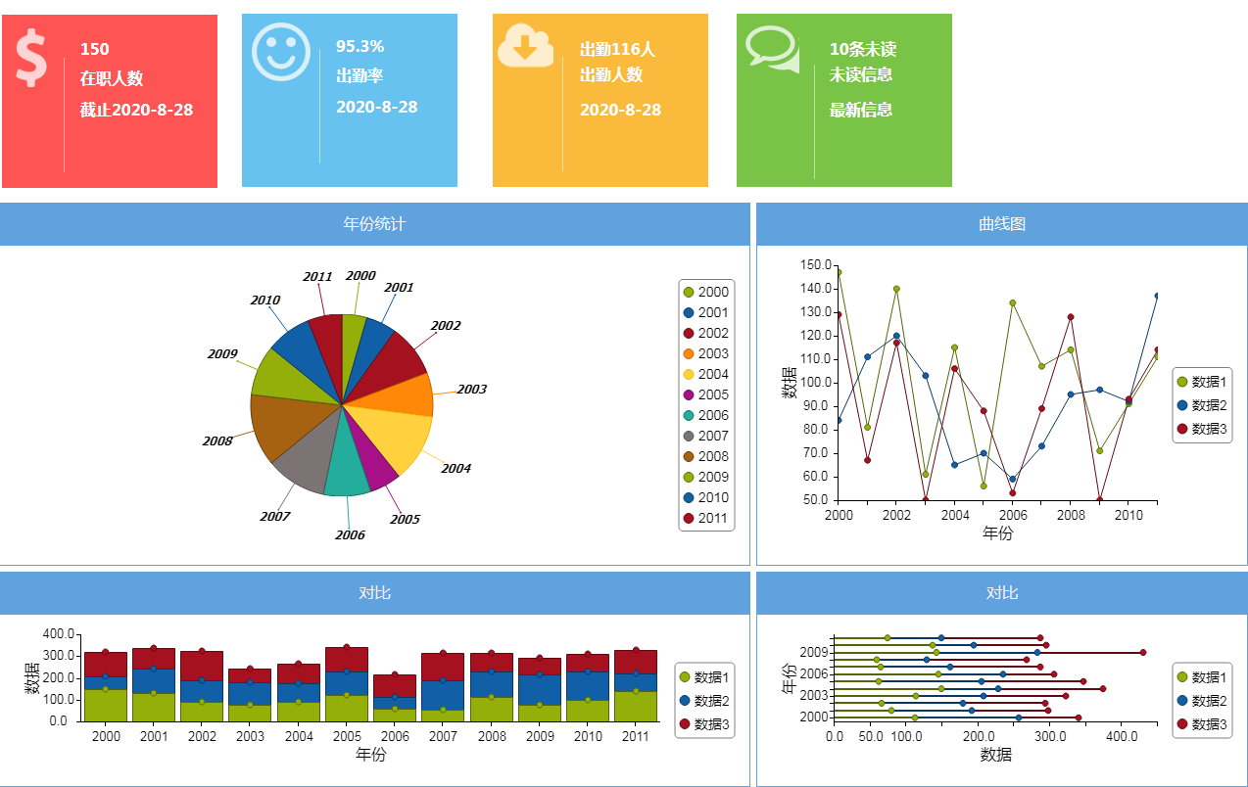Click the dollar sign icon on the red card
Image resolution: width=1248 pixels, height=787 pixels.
pos(31,58)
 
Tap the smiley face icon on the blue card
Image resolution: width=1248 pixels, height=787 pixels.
pos(281,51)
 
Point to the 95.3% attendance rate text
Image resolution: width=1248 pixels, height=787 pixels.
pos(360,46)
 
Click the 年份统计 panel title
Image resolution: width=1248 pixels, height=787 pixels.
pos(374,224)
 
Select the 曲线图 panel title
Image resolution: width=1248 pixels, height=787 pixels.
pos(1002,224)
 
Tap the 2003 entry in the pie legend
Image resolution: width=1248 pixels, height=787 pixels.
pos(705,353)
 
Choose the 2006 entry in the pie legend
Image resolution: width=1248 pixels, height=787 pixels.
pos(705,415)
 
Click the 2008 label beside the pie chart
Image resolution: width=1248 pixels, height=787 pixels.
pos(217,441)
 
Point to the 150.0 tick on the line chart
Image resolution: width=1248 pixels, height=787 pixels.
pos(815,265)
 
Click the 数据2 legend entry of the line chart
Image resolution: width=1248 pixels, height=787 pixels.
pos(1202,405)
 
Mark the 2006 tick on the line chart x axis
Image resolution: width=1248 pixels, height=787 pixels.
pos(1012,515)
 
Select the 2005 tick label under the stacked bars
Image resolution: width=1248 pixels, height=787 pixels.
pos(348,736)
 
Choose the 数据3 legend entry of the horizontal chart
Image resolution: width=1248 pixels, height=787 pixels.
pos(1202,724)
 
